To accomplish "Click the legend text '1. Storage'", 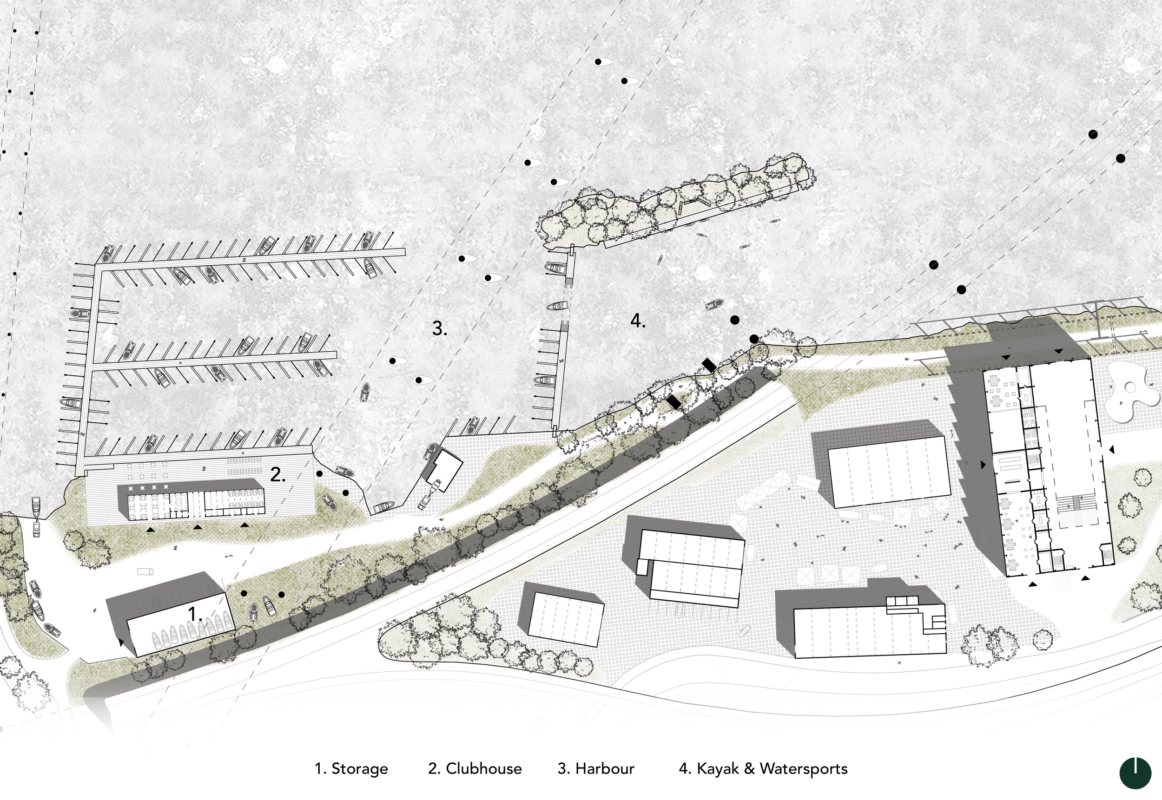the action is (x=351, y=769).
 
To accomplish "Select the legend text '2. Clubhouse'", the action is (x=475, y=769).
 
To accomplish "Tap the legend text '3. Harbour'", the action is (x=596, y=769).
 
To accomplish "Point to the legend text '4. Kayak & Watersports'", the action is (x=763, y=769).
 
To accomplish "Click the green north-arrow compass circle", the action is (x=1135, y=773).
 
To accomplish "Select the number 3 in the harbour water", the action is (x=439, y=328).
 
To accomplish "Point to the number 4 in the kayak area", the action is (x=637, y=321).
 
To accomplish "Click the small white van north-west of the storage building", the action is (x=145, y=571).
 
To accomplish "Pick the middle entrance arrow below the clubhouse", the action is (x=198, y=527).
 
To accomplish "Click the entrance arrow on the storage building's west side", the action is (x=121, y=641).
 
